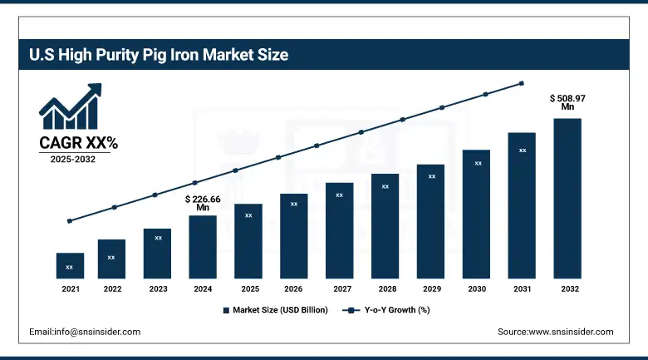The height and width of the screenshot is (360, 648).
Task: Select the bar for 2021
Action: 70,265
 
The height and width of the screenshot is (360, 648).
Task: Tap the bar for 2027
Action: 339,230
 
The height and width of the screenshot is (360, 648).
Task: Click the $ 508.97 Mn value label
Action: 567,102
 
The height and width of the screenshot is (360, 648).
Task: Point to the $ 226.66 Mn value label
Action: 203,204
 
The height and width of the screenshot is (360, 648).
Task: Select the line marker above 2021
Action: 70,221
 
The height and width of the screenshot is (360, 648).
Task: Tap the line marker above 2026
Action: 278,157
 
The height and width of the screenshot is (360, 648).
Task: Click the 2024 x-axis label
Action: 203,289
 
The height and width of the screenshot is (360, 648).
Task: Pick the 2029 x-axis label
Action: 430,289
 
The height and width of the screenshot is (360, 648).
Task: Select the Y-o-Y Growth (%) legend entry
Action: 386,310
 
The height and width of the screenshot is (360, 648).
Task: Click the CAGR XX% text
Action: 79,143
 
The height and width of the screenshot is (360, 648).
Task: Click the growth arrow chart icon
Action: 71,106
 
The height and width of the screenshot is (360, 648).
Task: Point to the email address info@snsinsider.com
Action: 85,332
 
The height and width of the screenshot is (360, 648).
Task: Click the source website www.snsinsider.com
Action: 555,332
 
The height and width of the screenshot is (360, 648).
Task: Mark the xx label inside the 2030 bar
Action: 479,163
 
